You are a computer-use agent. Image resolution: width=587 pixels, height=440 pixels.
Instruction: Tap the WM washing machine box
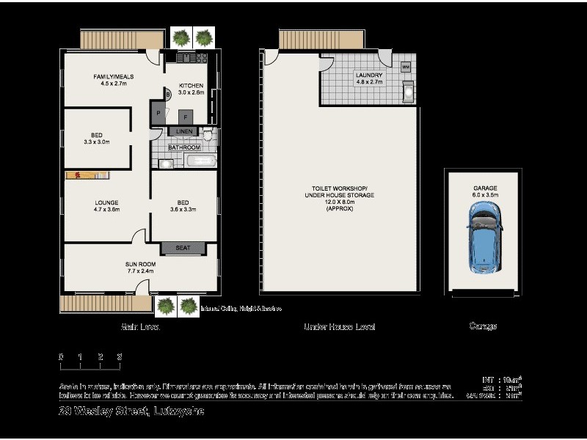[x=406, y=67]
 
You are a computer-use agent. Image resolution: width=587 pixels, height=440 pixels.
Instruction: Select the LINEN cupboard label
[x=183, y=131]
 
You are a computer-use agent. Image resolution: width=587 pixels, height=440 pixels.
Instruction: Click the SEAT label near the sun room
[x=183, y=248]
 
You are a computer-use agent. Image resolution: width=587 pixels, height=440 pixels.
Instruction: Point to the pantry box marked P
[x=158, y=113]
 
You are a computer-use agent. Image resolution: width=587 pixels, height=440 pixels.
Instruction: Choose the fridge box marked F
[x=185, y=116]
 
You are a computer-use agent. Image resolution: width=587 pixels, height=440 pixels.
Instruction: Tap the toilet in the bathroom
[x=208, y=135]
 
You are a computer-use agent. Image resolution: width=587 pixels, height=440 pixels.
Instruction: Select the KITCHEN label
[x=190, y=86]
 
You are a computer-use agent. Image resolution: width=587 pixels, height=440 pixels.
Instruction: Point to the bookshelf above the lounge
[x=87, y=175]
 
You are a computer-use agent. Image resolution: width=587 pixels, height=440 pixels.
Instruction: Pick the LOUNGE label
[x=106, y=202]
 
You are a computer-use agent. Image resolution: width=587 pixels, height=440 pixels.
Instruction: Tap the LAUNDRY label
[x=368, y=75]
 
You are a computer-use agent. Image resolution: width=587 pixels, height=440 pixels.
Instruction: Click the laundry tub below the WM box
[x=408, y=92]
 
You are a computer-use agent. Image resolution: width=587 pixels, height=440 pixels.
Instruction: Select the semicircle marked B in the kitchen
[x=167, y=94]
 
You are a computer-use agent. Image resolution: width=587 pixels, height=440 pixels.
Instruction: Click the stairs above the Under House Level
[x=309, y=39]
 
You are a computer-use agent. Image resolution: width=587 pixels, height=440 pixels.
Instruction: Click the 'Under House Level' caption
[x=339, y=326]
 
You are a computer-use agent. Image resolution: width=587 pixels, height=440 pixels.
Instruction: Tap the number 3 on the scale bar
[x=119, y=356]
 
